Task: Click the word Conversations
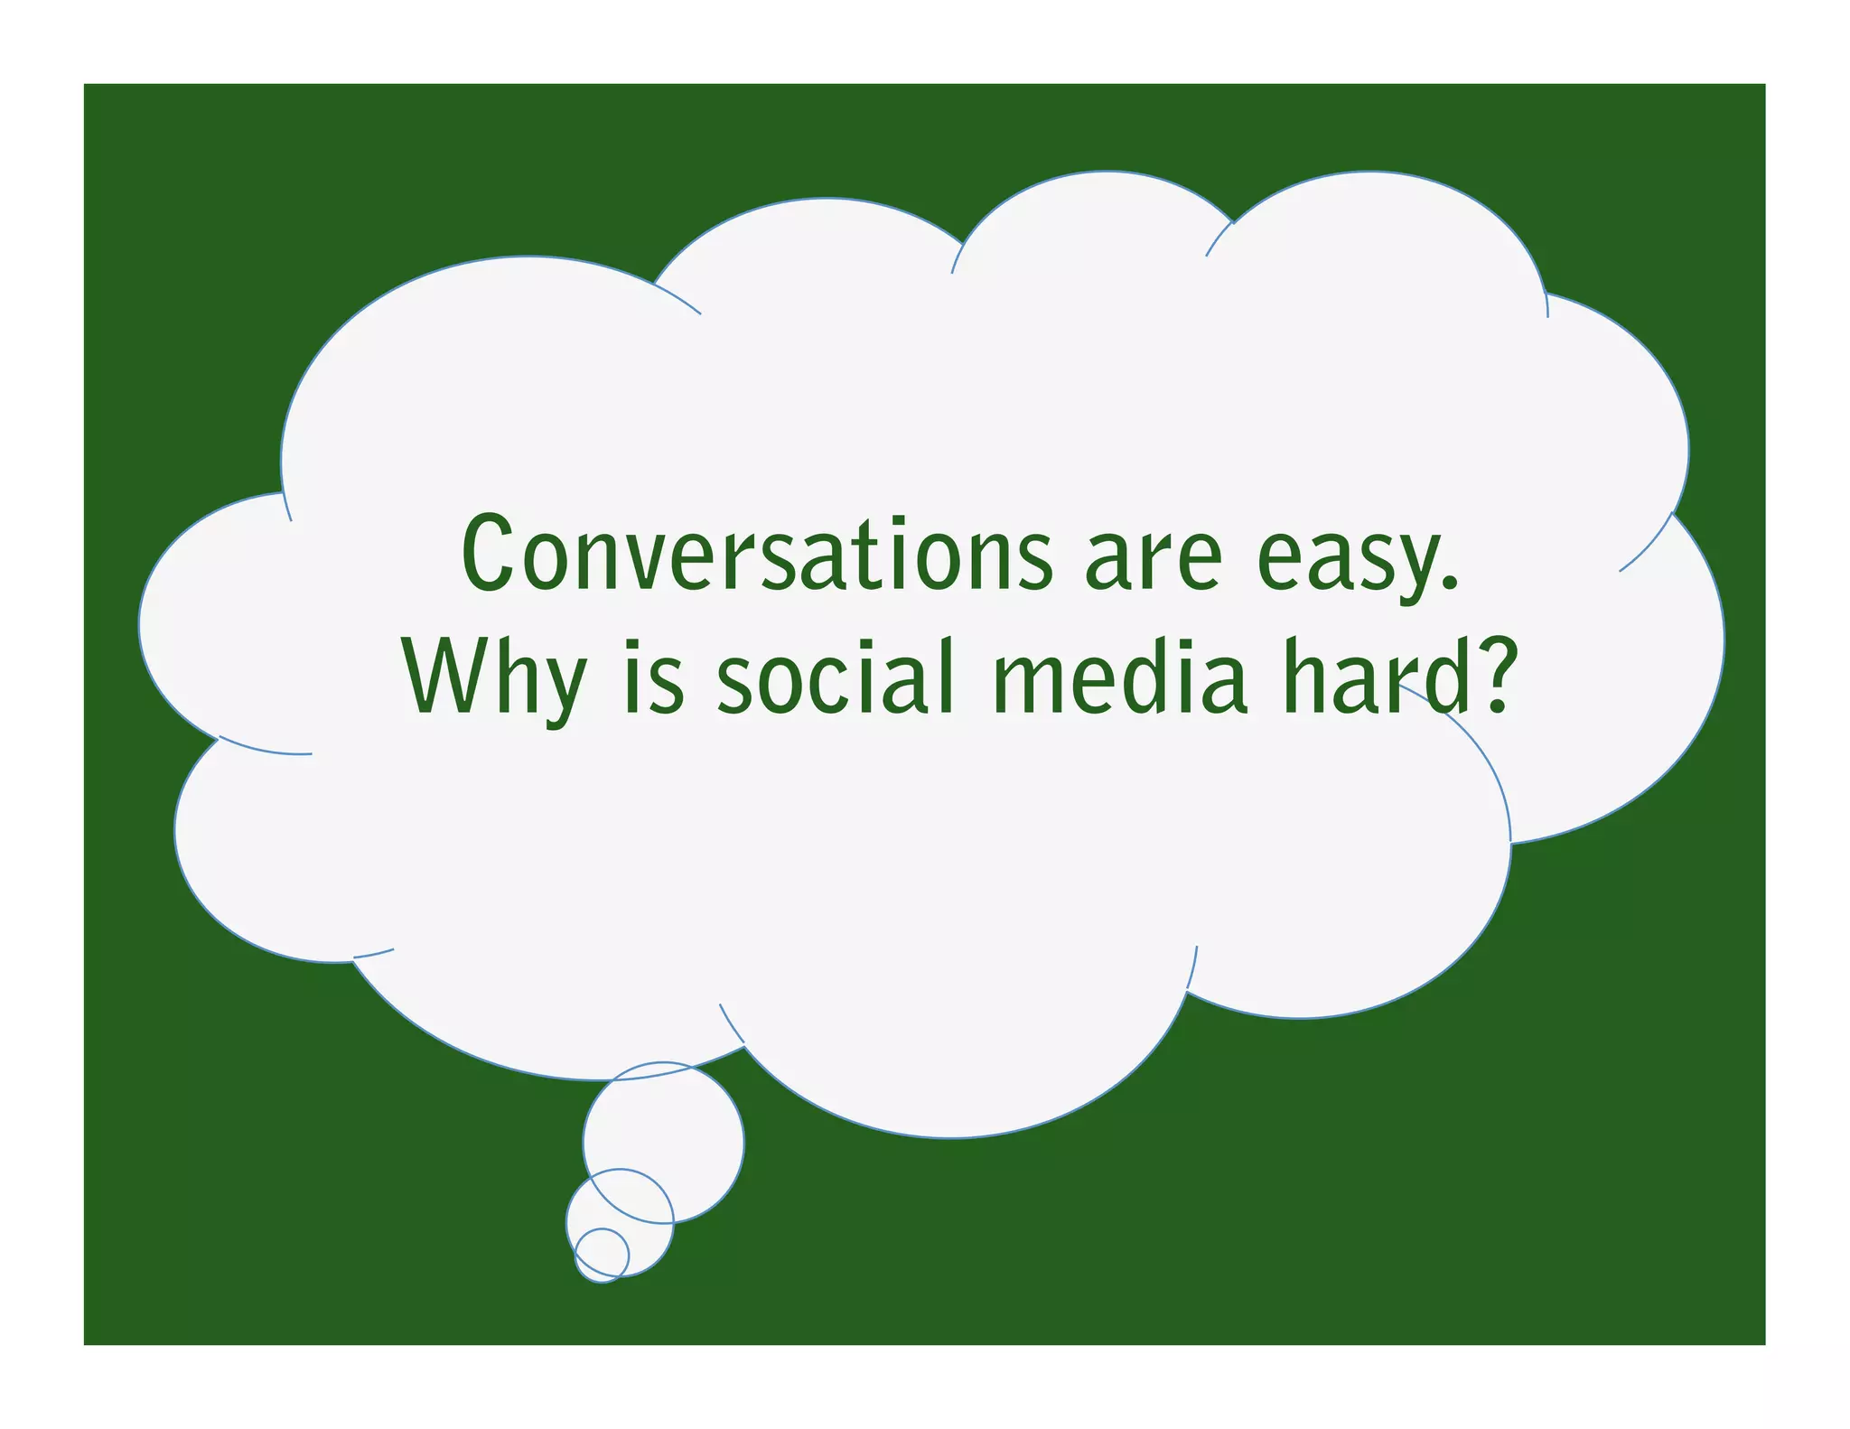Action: click(x=757, y=554)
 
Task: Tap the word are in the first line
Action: click(x=1154, y=560)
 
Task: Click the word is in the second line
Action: click(x=654, y=677)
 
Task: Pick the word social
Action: click(x=836, y=677)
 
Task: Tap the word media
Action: click(x=1120, y=677)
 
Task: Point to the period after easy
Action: click(x=1451, y=584)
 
